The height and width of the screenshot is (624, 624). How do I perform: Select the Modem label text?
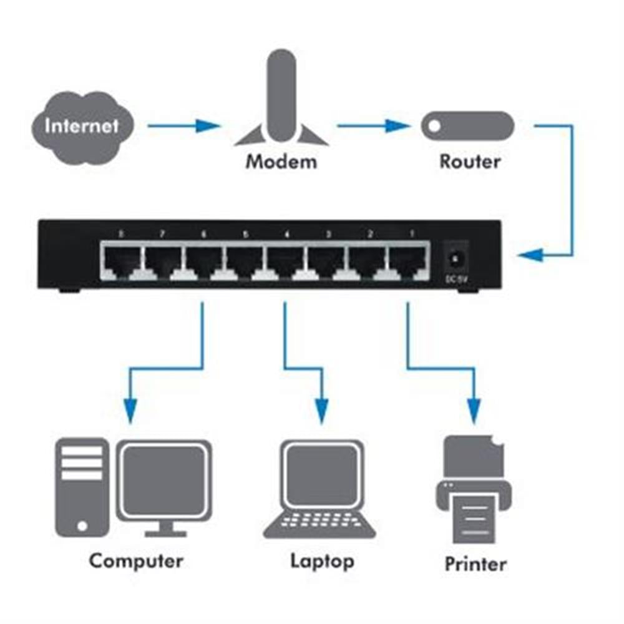(x=281, y=162)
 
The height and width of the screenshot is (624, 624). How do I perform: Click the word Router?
(x=470, y=162)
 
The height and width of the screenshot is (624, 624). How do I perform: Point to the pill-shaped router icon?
(x=467, y=126)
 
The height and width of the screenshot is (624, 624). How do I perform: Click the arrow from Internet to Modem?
(x=184, y=126)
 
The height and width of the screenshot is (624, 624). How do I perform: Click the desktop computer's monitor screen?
(x=163, y=481)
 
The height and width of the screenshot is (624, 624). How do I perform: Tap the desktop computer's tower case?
(x=81, y=487)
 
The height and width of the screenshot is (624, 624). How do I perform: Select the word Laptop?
(x=322, y=560)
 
